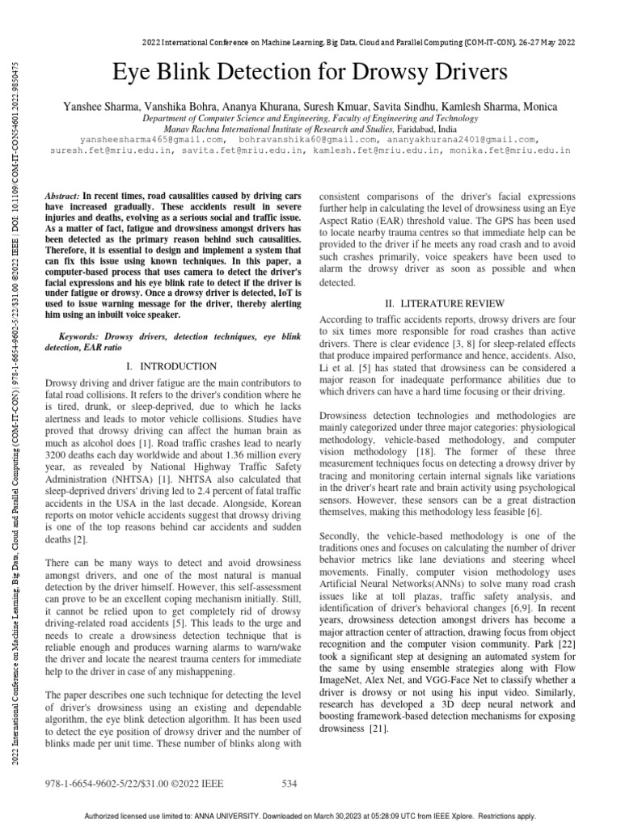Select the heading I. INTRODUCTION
(x=172, y=366)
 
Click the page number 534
(x=289, y=784)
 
